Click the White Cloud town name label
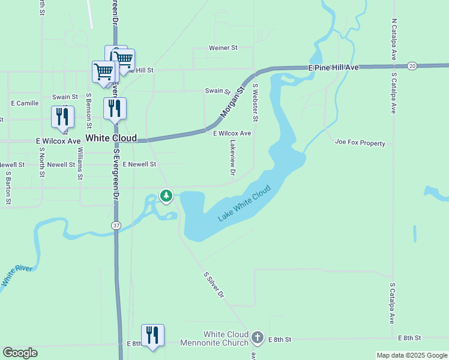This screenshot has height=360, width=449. (x=111, y=138)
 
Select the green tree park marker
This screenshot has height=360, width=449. (x=166, y=196)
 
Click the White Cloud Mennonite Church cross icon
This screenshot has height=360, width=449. (x=258, y=337)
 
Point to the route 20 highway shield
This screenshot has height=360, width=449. (x=411, y=65)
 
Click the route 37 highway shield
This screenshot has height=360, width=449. (x=115, y=224)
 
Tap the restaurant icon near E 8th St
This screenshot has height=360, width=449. (x=152, y=335)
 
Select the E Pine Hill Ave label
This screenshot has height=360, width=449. (x=333, y=68)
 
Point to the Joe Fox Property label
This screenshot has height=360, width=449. (x=360, y=143)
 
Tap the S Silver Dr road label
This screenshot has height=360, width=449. (x=214, y=285)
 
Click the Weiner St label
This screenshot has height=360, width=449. (x=223, y=47)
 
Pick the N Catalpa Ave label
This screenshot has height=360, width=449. (x=394, y=38)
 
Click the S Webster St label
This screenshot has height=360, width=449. (x=255, y=102)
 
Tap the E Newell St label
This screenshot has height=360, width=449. (x=139, y=164)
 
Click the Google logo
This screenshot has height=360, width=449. (x=20, y=353)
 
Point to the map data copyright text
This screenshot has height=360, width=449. (x=412, y=355)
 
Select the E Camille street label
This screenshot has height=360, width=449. (x=25, y=103)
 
